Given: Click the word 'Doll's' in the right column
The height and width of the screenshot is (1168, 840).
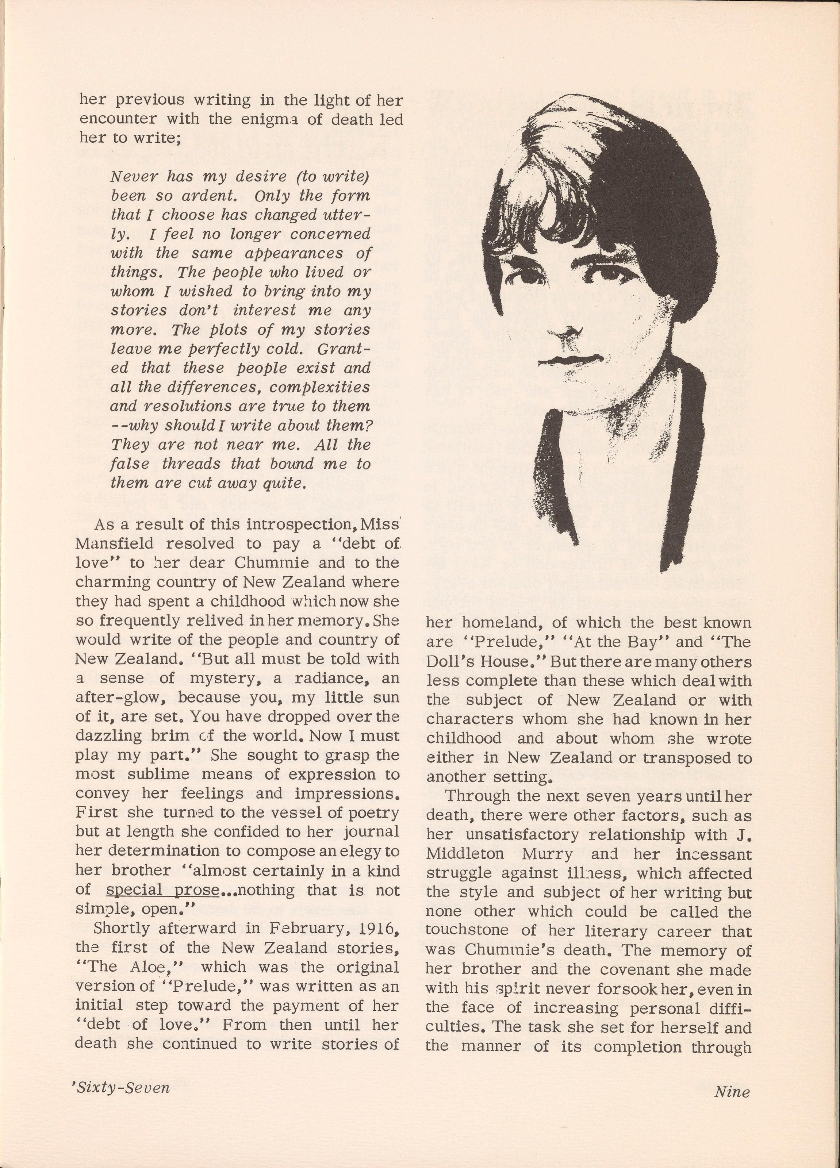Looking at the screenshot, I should tap(450, 661).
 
